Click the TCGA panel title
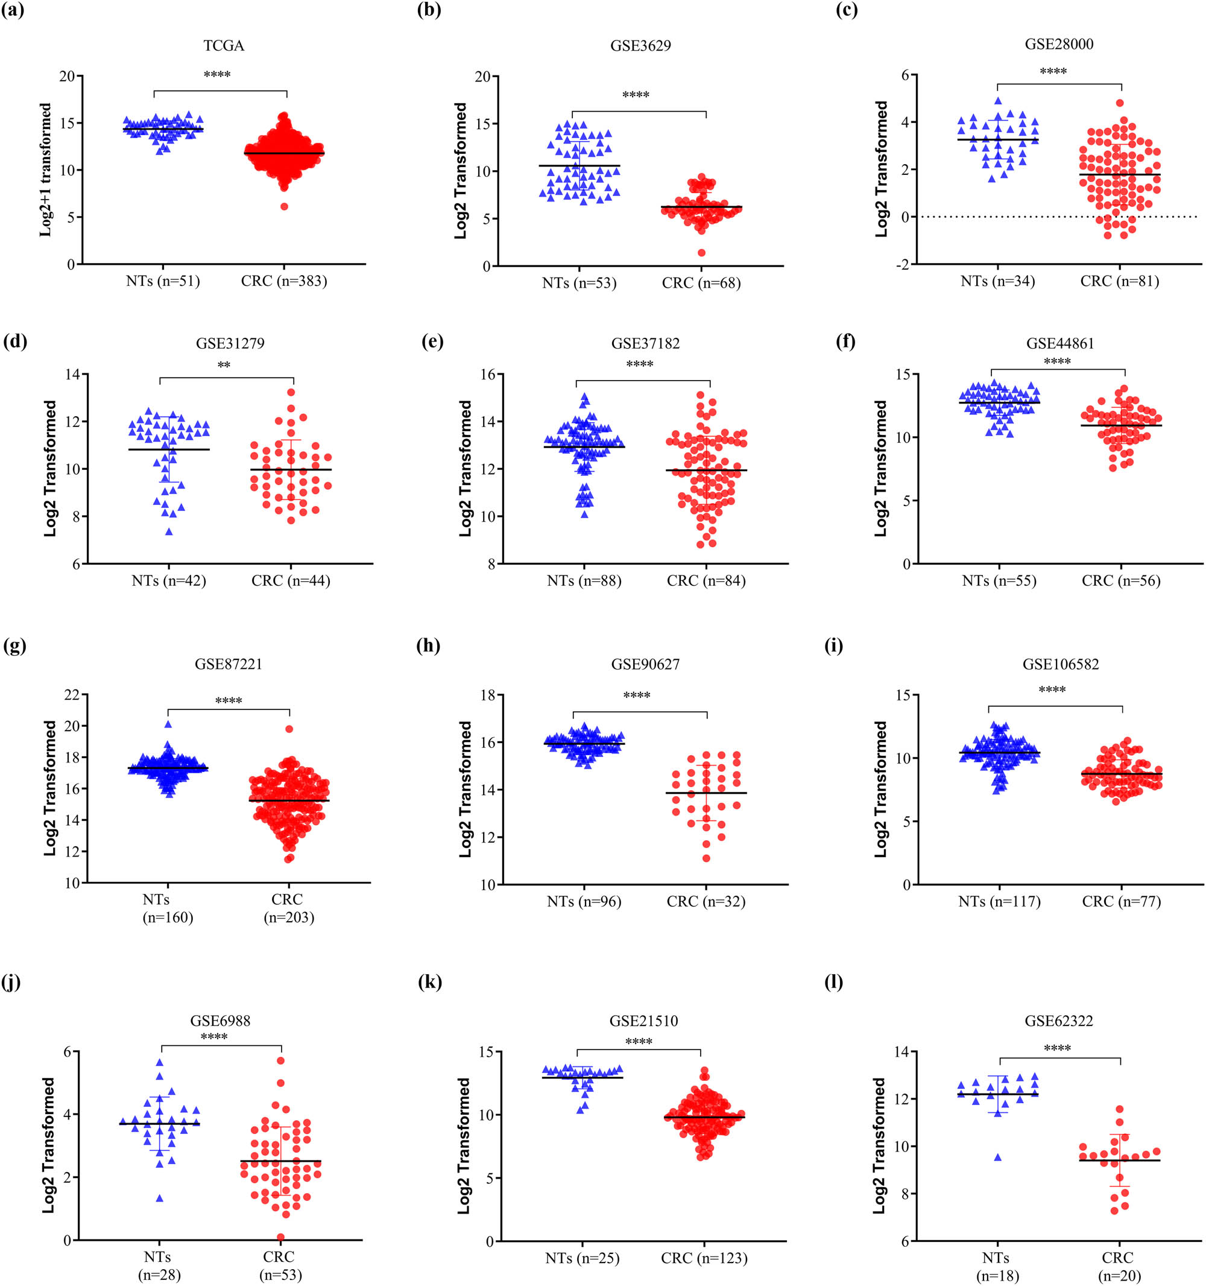pyautogui.click(x=224, y=46)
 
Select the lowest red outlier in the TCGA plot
pyautogui.click(x=284, y=206)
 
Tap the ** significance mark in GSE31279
pyautogui.click(x=224, y=366)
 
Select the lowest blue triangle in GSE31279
pyautogui.click(x=169, y=532)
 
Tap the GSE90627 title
pyautogui.click(x=645, y=664)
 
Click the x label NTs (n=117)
pyautogui.click(x=999, y=901)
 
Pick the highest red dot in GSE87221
pyautogui.click(x=289, y=729)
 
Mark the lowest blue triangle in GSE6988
pyautogui.click(x=159, y=1198)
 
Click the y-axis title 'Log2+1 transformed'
pyautogui.click(x=45, y=169)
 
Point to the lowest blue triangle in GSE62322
pyautogui.click(x=998, y=1157)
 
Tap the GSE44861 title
pyautogui.click(x=1060, y=343)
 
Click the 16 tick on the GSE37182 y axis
pyautogui.click(x=488, y=375)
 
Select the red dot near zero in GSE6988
pyautogui.click(x=280, y=1236)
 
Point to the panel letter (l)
pyautogui.click(x=834, y=982)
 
